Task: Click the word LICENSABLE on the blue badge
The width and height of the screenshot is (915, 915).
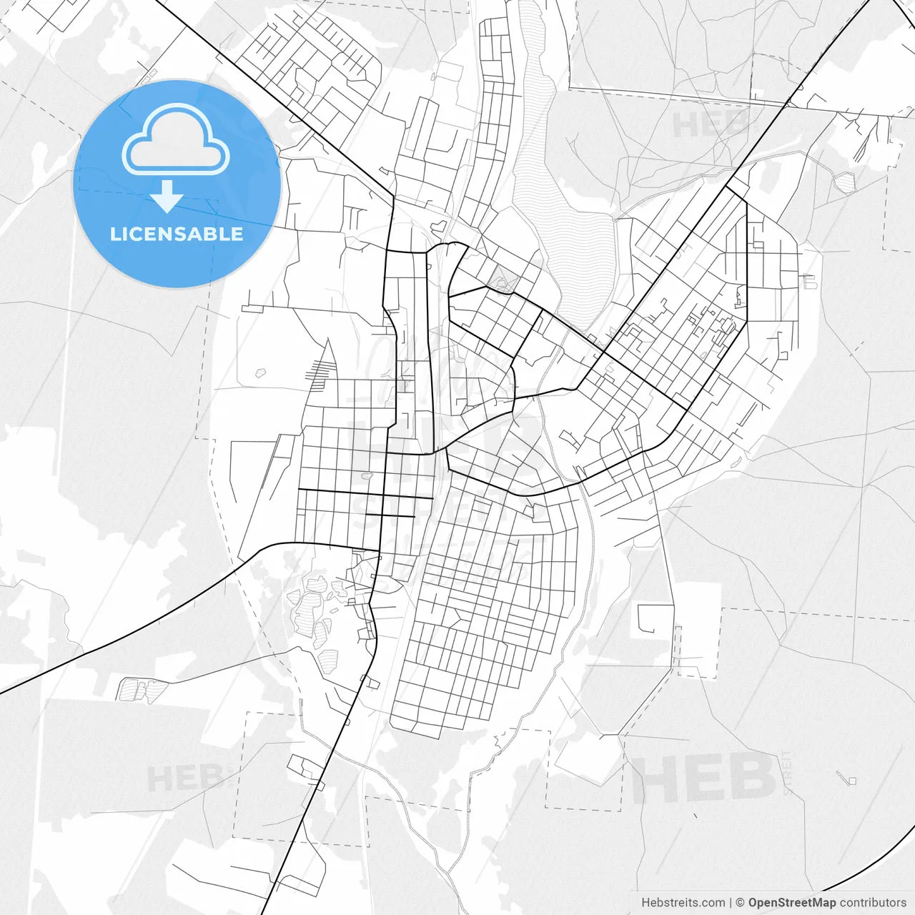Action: (x=177, y=234)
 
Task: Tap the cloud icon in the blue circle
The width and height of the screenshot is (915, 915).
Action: (x=176, y=139)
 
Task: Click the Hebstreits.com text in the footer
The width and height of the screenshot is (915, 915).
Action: (x=683, y=903)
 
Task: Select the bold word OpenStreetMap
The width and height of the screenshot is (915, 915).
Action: (x=791, y=903)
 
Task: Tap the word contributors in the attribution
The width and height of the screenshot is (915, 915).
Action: (x=873, y=903)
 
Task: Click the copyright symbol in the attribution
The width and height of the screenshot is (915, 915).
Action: (x=741, y=903)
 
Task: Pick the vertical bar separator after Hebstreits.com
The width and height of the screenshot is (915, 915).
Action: (x=730, y=903)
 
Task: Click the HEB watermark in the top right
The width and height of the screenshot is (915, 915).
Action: (x=708, y=124)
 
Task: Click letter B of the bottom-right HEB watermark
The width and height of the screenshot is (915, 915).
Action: (x=750, y=779)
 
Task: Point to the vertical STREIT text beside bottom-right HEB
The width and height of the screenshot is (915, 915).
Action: (x=787, y=772)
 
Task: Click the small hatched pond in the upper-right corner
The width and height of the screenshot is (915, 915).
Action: (x=845, y=182)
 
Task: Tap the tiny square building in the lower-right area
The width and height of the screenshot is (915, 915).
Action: (x=851, y=781)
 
